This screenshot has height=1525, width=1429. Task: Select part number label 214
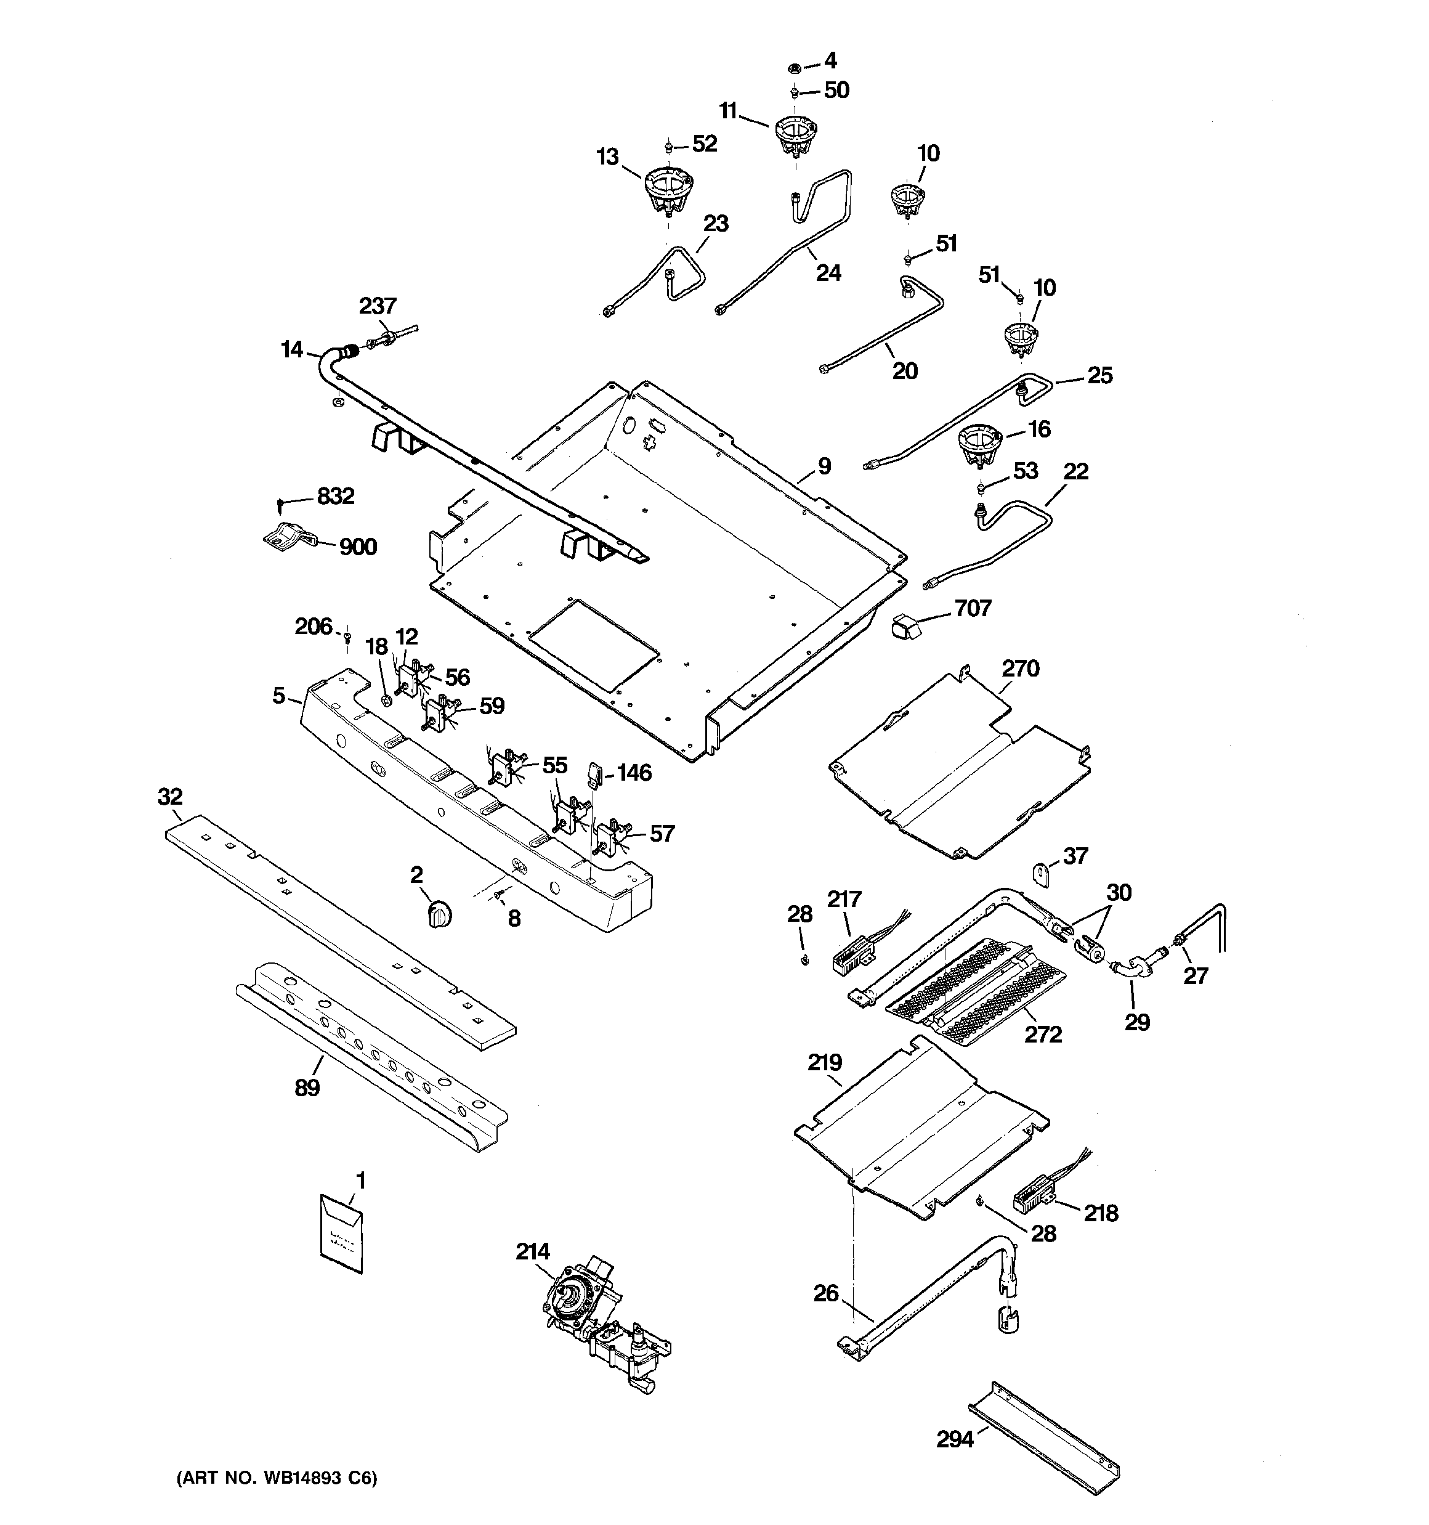tap(532, 1252)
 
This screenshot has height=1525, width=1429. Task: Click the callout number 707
tap(973, 608)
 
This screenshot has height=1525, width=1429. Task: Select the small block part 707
tap(905, 628)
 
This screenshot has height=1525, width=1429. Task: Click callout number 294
tap(955, 1440)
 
